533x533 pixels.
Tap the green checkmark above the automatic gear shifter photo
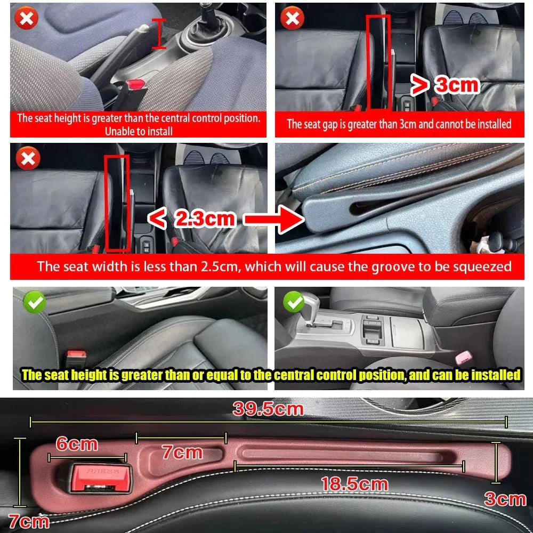[293, 302]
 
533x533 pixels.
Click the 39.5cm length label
[268, 409]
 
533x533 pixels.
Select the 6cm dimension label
[77, 444]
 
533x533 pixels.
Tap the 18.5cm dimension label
[354, 484]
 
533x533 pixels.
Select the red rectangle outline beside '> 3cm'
[378, 61]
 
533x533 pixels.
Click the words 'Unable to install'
[139, 131]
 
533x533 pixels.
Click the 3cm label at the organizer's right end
[504, 499]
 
